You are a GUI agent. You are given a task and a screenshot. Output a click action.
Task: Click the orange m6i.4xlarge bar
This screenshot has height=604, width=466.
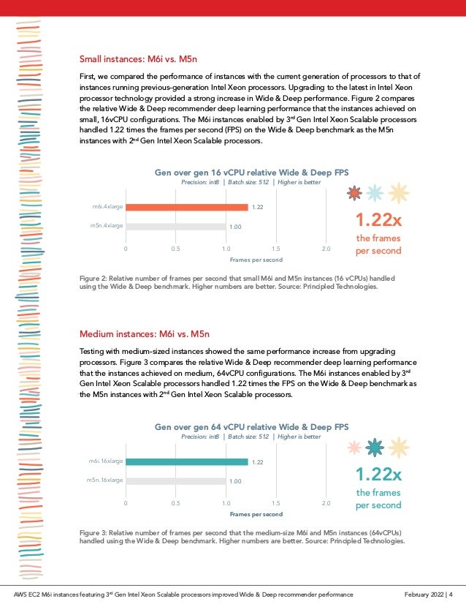[x=186, y=207]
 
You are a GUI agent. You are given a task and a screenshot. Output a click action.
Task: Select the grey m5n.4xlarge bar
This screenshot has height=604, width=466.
[x=175, y=227]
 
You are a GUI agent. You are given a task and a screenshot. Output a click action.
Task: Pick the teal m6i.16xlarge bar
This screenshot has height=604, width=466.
[x=186, y=461]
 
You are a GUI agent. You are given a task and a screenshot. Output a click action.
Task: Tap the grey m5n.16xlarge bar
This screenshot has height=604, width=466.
[x=175, y=481]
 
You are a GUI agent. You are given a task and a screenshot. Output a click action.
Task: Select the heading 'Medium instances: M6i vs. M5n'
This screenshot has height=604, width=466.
[x=144, y=336]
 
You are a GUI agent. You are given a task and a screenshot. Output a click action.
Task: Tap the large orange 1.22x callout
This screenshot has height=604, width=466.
[x=378, y=220]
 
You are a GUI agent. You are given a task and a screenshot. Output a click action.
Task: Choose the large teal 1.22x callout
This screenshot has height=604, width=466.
[x=378, y=475]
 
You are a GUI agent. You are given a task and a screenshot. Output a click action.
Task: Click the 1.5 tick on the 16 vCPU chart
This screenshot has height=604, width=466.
[x=276, y=249]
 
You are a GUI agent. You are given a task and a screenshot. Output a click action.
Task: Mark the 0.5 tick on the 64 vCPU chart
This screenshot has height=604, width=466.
[x=176, y=503]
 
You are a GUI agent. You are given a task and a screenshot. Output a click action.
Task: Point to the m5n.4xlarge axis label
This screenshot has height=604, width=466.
[x=107, y=226]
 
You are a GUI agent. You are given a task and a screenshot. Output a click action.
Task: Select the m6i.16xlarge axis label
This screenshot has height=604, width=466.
[x=106, y=461]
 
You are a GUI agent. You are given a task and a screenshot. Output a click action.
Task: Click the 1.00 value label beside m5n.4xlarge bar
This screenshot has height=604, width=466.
[x=235, y=227]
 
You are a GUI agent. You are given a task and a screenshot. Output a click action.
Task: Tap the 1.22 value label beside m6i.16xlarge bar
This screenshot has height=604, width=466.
[x=256, y=462]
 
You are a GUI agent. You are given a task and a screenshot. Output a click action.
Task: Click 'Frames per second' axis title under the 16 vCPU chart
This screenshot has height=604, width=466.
[x=256, y=260]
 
